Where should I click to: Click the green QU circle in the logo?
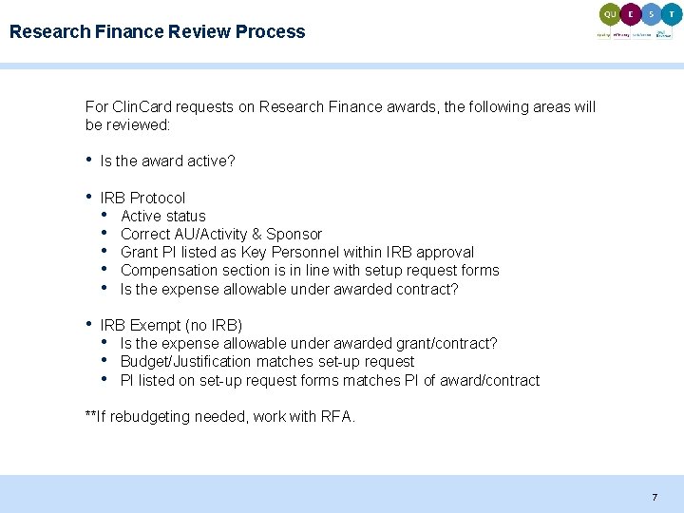610,14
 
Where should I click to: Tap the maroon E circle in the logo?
631,14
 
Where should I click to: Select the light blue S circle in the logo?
652,14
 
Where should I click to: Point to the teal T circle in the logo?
673,14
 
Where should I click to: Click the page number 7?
655,497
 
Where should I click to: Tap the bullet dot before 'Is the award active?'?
89,160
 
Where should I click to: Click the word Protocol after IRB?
158,198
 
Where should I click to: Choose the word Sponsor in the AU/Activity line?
294,234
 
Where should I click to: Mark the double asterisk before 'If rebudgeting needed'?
90,416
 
